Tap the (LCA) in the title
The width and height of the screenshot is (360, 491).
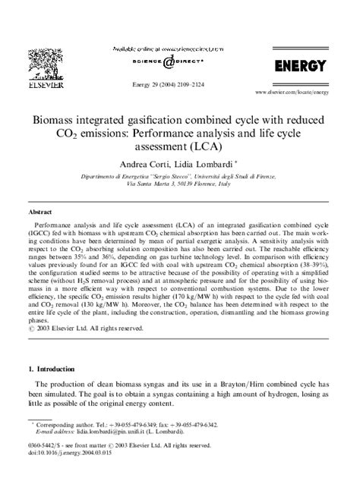click(216, 149)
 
